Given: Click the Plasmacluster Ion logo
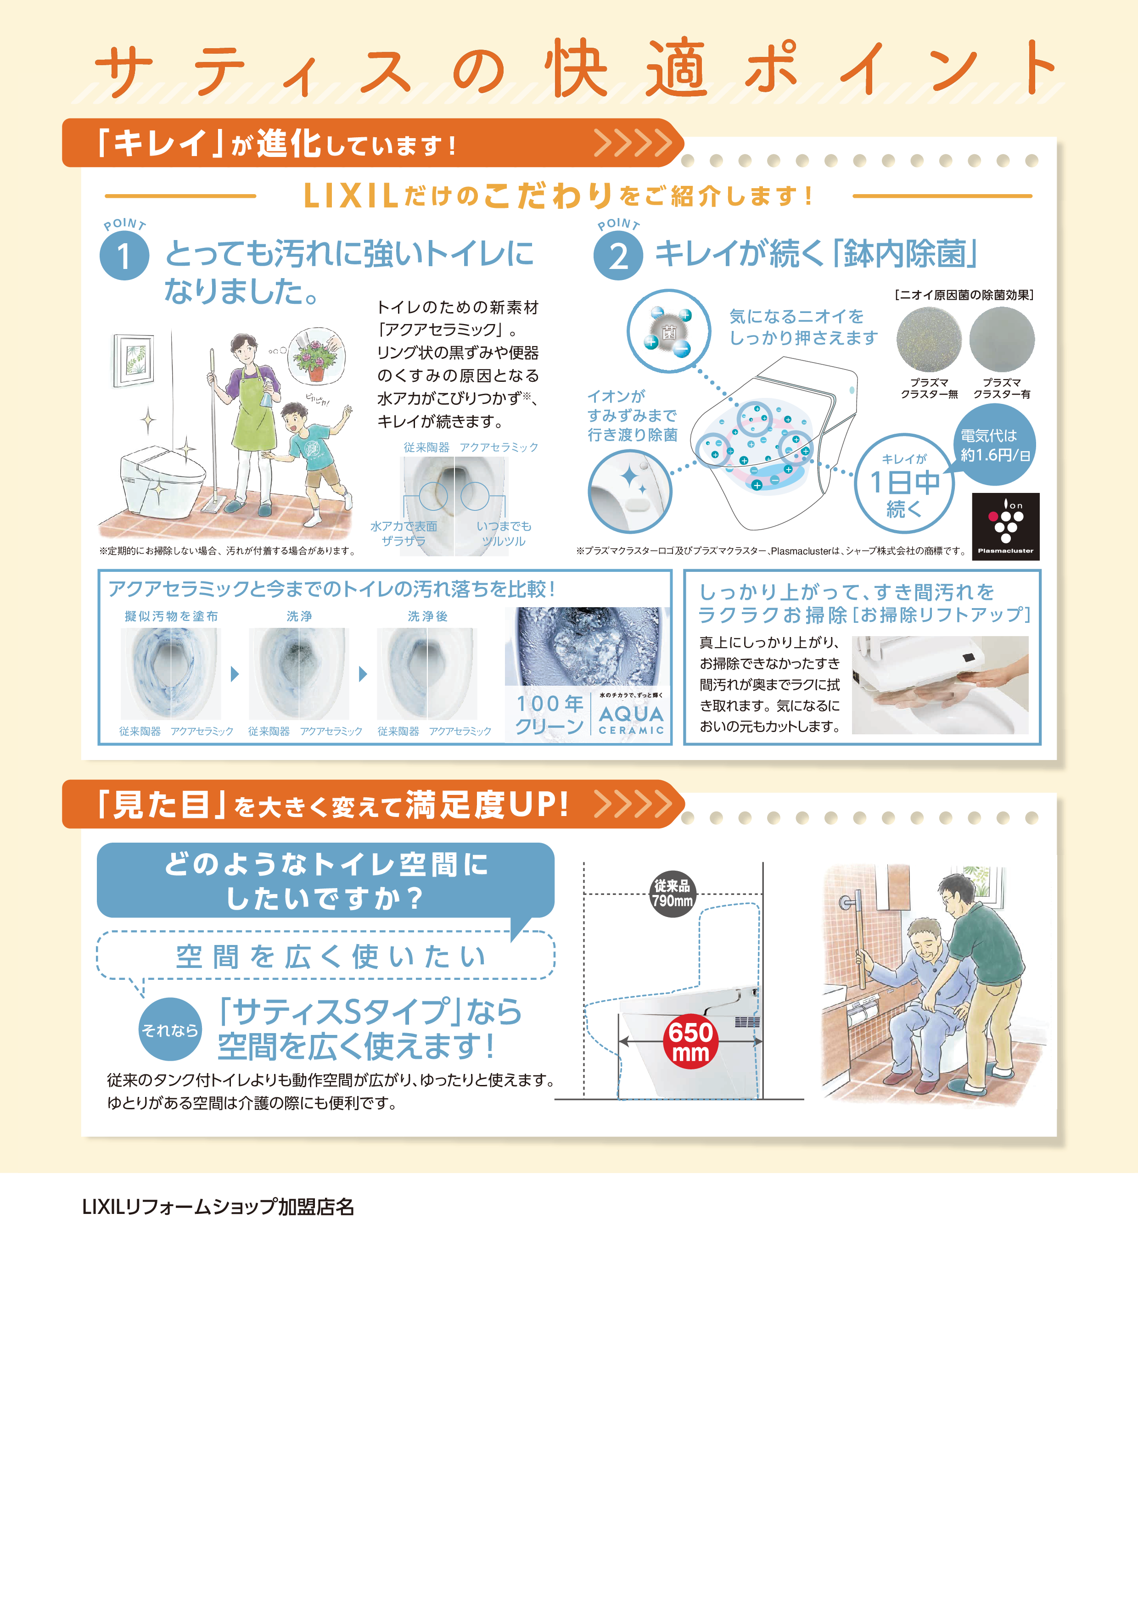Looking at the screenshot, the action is point(1005,526).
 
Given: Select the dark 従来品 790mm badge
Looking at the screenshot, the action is point(673,894).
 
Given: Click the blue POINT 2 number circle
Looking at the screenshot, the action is point(618,256).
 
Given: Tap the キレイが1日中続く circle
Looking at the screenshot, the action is point(904,484).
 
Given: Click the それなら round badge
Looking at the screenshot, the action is point(170,1029).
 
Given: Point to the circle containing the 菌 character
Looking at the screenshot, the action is point(669,331).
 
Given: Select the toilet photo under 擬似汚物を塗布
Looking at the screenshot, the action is point(170,673).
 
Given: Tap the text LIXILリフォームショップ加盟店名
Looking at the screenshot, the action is point(218,1207).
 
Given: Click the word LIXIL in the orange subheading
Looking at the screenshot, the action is point(351,196).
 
